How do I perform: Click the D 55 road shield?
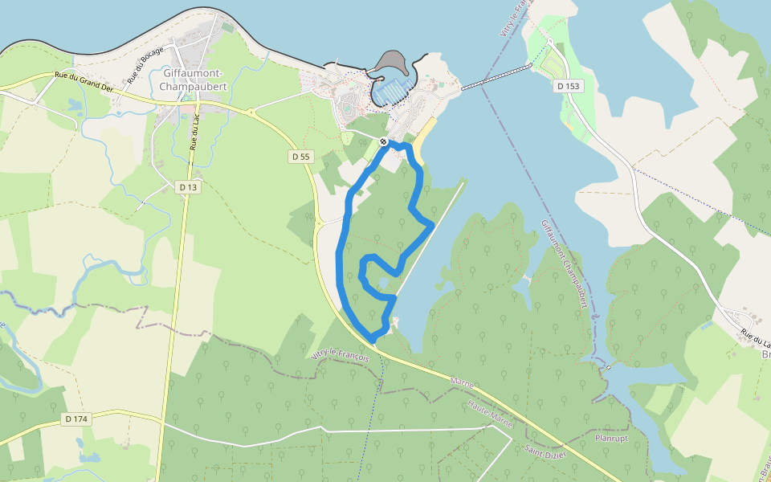[300, 157]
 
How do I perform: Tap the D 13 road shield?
[188, 187]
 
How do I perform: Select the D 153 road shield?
[567, 85]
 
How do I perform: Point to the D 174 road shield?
[76, 419]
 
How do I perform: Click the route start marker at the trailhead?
[384, 142]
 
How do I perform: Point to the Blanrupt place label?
[610, 439]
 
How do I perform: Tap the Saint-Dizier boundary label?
[546, 451]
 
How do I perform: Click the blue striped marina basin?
[393, 92]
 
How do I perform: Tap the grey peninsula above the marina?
[391, 63]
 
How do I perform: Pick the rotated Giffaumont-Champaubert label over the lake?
[565, 264]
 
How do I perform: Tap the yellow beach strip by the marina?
[424, 133]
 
